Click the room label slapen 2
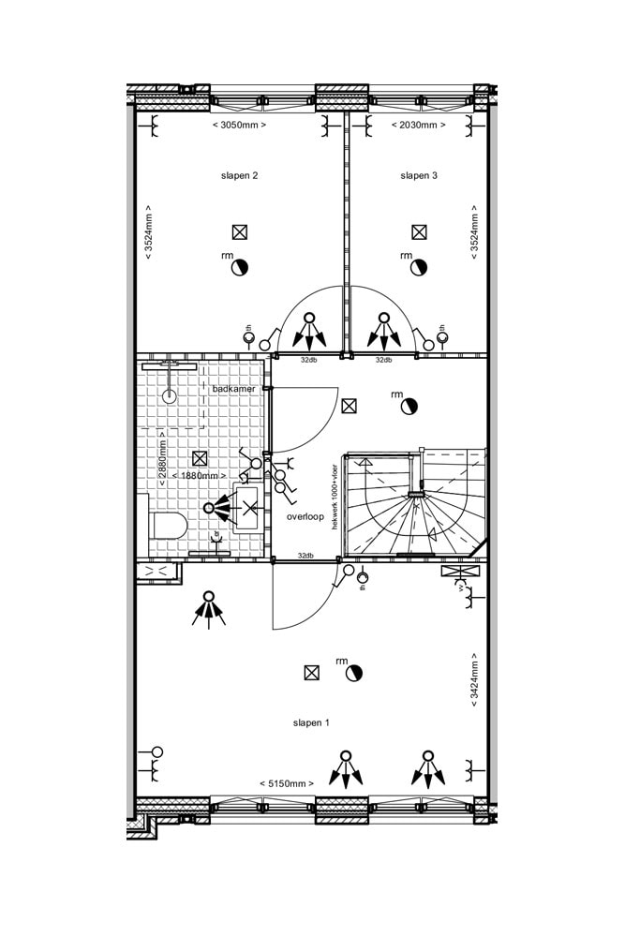coord(239,175)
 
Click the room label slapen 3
coord(419,175)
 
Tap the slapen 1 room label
coord(311,722)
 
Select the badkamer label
coord(233,388)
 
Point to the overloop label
coord(305,516)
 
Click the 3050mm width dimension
coord(239,125)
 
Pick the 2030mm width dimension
coord(417,125)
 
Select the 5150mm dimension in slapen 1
coord(286,783)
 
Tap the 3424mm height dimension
coord(474,677)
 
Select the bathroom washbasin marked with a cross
coord(249,509)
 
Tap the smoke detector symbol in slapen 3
coord(417,268)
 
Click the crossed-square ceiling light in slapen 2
coord(240,232)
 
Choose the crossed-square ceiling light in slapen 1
coord(311,672)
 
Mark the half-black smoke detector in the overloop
coord(408,407)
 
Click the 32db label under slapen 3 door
coord(383,360)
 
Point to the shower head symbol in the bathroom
coord(170,395)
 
